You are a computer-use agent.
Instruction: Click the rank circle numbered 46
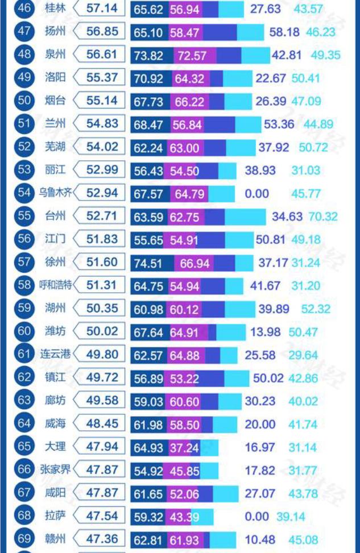coord(24,9)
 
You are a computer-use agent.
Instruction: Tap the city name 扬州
coord(55,32)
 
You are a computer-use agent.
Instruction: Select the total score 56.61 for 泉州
coord(102,55)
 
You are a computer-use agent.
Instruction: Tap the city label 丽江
coord(55,170)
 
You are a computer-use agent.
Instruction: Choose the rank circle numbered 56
coord(24,239)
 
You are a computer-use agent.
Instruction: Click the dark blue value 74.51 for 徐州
coord(148,263)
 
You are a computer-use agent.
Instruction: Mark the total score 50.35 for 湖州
coord(102,308)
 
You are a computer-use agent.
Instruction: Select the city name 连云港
coord(56,355)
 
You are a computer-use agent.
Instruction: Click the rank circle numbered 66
coord(24,470)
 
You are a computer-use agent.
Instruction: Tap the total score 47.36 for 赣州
coord(102,539)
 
